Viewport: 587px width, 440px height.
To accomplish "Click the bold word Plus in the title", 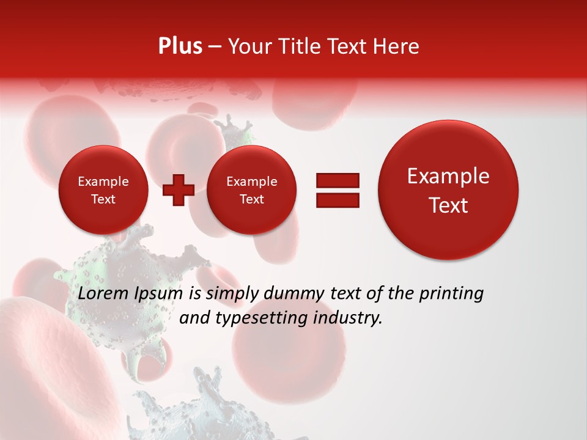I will point(180,46).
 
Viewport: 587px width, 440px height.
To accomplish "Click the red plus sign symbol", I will point(178,190).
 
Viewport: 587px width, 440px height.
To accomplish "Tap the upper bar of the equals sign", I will point(337,180).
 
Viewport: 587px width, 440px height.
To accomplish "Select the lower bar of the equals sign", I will point(337,200).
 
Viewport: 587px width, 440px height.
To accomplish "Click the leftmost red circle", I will point(103,190).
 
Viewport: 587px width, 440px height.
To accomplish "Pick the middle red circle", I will point(251,190).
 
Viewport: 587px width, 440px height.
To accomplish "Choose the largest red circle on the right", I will point(448,190).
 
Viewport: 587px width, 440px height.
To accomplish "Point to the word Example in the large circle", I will point(448,177).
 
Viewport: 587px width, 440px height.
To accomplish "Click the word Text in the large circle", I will point(448,205).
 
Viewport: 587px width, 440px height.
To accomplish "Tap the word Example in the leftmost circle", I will point(103,182).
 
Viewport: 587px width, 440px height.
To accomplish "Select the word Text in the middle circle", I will point(251,199).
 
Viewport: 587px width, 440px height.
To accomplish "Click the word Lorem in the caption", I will point(101,294).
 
